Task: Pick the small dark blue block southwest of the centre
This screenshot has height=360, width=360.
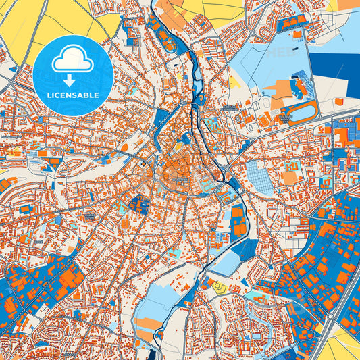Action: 138,203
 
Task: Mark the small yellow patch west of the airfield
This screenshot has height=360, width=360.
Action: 234,82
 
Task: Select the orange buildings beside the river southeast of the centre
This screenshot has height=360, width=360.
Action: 238,222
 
